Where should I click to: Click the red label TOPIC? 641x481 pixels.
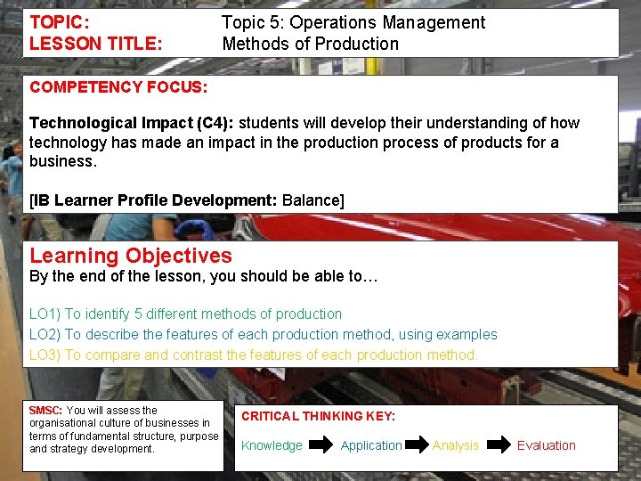[x=61, y=22]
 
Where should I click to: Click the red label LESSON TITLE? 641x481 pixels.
[x=96, y=43]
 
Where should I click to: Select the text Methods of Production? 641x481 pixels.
[x=311, y=43]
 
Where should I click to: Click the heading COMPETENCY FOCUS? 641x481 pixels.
[x=118, y=87]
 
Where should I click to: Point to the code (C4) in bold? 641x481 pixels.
[x=213, y=123]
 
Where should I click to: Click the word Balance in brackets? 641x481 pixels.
[x=310, y=200]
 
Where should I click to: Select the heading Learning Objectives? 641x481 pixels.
[x=131, y=256]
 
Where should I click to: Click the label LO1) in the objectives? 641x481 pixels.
[x=45, y=314]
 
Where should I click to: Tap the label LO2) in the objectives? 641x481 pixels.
[x=45, y=334]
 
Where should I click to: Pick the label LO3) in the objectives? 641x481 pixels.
[x=45, y=355]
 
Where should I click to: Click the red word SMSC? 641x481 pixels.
[x=45, y=411]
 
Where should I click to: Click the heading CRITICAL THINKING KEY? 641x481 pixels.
[x=318, y=416]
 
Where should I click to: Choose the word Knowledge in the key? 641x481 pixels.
[x=272, y=445]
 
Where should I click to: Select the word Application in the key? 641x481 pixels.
[x=371, y=445]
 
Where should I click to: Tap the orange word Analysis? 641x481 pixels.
[x=455, y=445]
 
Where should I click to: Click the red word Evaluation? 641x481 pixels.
[x=546, y=445]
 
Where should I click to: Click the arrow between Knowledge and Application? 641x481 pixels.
[x=320, y=444]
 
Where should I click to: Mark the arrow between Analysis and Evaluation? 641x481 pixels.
[x=500, y=444]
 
